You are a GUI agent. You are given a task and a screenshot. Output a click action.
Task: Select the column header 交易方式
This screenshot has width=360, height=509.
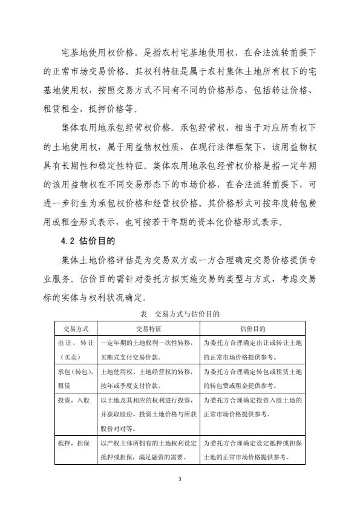pyautogui.click(x=76, y=329)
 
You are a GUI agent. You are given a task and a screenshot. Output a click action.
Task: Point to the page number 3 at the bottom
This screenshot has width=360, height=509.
pyautogui.click(x=180, y=479)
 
